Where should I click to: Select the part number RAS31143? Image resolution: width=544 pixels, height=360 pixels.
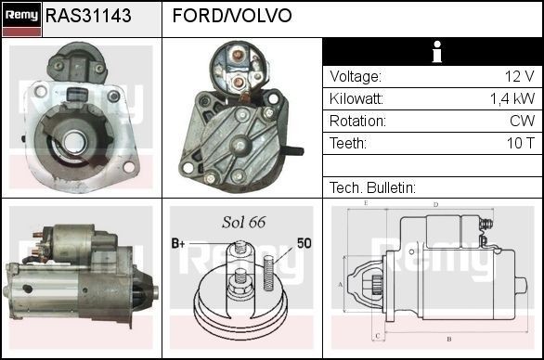click(x=88, y=17)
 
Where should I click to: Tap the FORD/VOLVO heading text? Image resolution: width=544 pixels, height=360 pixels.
click(x=232, y=17)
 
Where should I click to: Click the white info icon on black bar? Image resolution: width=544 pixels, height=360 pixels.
click(x=433, y=52)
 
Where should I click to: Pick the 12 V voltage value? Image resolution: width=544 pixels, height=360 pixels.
click(x=520, y=76)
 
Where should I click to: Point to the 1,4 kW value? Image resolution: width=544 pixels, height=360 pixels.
click(x=512, y=98)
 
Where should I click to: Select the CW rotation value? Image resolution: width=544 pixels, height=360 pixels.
click(x=522, y=121)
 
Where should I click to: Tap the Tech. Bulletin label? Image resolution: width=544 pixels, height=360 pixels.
click(x=372, y=187)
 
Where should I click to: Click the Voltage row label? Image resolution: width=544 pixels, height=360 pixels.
click(x=355, y=76)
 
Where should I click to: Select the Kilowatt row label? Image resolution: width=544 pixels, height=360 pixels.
click(x=357, y=98)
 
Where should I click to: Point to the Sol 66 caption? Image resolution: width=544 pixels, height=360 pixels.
click(x=243, y=223)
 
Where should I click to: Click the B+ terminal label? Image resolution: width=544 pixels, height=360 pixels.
click(x=178, y=243)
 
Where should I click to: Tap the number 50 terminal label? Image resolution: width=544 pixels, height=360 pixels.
click(x=304, y=243)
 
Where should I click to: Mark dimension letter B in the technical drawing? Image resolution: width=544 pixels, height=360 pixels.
click(x=448, y=339)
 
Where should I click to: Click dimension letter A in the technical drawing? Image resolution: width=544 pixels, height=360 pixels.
click(x=341, y=285)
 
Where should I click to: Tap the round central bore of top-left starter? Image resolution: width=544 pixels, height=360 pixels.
click(x=74, y=141)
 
